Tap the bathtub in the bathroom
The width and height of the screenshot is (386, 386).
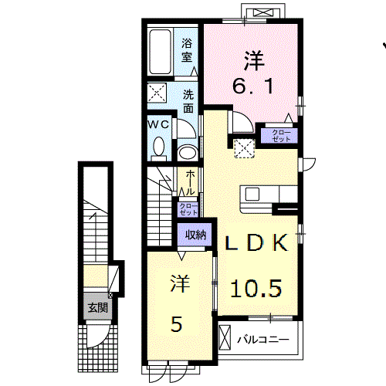tap(161, 52)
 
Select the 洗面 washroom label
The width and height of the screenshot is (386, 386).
tap(188, 103)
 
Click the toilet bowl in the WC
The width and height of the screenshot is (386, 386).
tap(158, 146)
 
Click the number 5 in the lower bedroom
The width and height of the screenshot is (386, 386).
tap(177, 325)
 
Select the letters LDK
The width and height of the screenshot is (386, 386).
tap(256, 243)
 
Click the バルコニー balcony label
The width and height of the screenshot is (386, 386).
tap(262, 339)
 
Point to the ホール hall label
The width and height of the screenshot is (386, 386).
tap(188, 182)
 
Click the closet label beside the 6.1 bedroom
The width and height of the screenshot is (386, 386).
tap(282, 137)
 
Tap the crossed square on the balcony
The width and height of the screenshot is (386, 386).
tap(225, 337)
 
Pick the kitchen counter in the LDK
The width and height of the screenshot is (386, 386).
tap(259, 194)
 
